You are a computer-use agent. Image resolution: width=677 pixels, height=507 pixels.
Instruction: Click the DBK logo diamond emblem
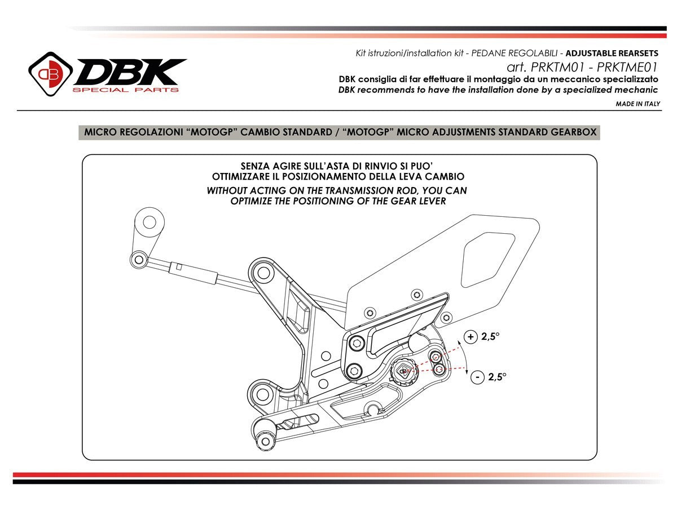click(50, 73)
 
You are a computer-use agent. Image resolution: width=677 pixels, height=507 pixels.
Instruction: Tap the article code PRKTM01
click(553, 67)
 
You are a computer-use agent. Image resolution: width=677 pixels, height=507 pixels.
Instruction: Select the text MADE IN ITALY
click(638, 104)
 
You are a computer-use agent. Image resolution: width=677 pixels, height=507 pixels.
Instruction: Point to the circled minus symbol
click(477, 377)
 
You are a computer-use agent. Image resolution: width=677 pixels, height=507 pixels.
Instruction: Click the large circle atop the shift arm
click(150, 221)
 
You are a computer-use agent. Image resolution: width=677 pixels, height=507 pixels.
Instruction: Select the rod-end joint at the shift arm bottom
click(138, 259)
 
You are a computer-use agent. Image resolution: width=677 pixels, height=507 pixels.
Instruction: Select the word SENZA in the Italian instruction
click(256, 166)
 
